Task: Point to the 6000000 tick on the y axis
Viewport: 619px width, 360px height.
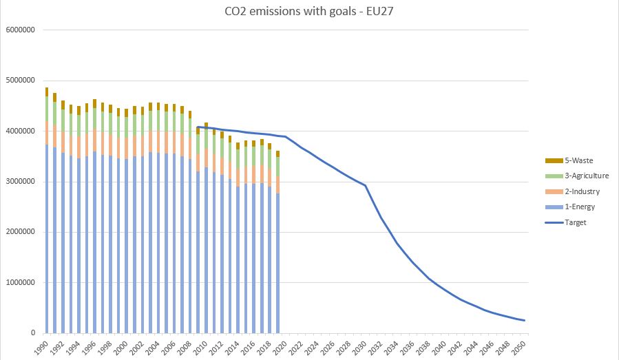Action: pyautogui.click(x=20, y=30)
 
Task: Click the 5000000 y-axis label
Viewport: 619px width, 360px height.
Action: pyautogui.click(x=20, y=81)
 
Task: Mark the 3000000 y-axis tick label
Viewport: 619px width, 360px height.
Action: pyautogui.click(x=20, y=182)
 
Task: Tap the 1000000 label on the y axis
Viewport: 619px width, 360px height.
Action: pyautogui.click(x=20, y=283)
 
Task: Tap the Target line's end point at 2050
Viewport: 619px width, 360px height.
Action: pyautogui.click(x=525, y=321)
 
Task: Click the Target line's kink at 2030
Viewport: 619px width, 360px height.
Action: pyautogui.click(x=366, y=186)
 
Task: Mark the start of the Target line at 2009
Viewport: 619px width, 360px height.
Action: pyautogui.click(x=198, y=127)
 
